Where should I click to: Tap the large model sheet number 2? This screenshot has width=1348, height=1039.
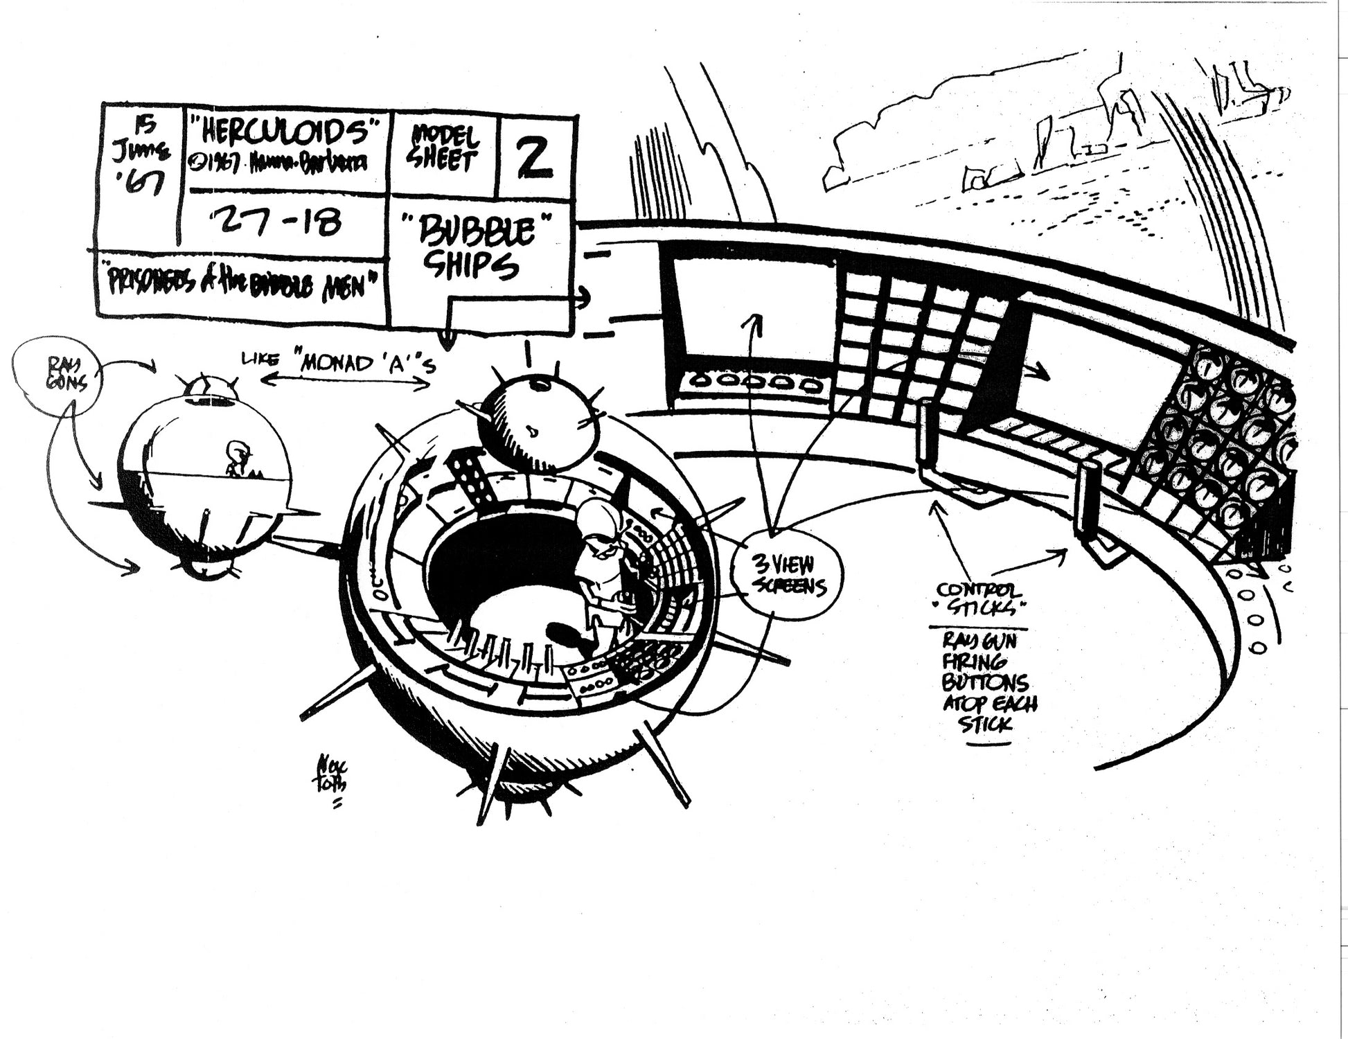click(x=535, y=157)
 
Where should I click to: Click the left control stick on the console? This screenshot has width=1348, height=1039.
click(x=927, y=433)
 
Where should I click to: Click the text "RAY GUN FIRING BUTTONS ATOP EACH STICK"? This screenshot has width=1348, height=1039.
click(x=988, y=682)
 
